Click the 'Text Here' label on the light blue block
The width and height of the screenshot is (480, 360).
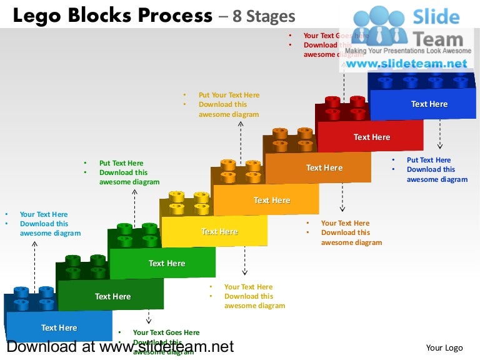(59, 327)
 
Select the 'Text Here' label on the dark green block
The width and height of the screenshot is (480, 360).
(112, 296)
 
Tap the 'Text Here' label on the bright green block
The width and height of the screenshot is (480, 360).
(167, 263)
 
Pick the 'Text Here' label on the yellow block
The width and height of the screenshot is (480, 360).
(219, 231)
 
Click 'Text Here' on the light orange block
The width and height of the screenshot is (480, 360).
(272, 200)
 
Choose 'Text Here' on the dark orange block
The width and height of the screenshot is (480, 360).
(324, 167)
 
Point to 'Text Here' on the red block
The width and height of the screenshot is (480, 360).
(372, 137)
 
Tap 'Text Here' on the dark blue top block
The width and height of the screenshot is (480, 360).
(429, 104)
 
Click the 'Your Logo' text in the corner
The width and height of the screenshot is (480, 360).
(444, 347)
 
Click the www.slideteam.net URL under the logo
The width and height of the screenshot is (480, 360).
(406, 64)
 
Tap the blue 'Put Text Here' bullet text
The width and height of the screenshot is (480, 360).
(428, 160)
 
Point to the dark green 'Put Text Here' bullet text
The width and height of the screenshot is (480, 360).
(121, 163)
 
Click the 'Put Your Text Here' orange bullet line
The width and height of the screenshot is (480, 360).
(229, 95)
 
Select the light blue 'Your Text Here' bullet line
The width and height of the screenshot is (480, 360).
(44, 214)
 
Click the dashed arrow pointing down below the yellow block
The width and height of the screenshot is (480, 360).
(245, 261)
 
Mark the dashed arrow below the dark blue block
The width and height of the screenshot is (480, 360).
(440, 134)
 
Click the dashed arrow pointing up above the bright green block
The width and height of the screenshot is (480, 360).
(134, 206)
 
